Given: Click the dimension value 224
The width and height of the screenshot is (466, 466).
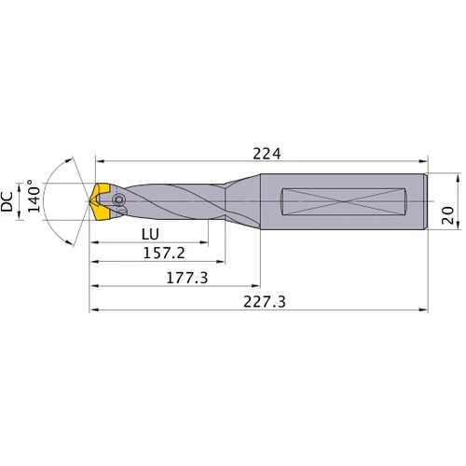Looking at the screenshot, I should pos(265,152).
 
